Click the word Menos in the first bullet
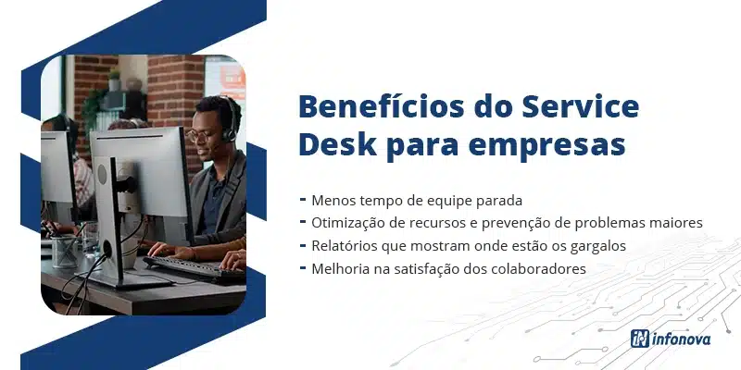331,200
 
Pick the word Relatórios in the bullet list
345,246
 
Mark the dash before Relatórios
303,246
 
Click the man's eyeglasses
200,133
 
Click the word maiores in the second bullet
679,223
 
